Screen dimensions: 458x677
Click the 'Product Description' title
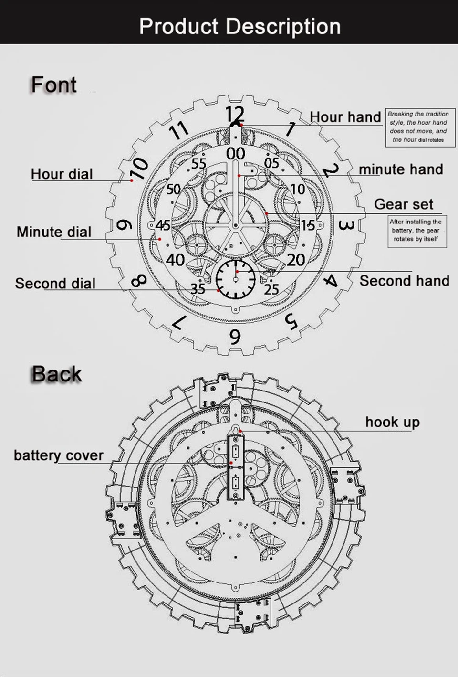click(240, 27)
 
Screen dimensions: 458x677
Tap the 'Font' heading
click(54, 85)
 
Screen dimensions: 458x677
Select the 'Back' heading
click(57, 374)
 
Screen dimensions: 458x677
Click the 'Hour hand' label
click(345, 117)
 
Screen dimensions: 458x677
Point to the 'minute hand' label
click(401, 169)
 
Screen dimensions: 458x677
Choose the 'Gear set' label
click(404, 204)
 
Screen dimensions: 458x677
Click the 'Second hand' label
click(405, 281)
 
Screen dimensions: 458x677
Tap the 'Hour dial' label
click(62, 174)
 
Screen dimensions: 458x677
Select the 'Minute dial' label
click(54, 232)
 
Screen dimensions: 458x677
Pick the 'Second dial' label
click(55, 284)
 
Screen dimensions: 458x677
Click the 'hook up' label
click(393, 422)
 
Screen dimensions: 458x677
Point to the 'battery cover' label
click(59, 455)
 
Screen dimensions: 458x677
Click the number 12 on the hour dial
click(235, 114)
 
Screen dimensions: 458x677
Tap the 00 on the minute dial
click(236, 154)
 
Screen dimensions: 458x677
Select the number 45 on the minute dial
click(163, 225)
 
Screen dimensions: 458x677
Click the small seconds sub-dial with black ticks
click(236, 279)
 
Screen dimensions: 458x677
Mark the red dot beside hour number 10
click(132, 180)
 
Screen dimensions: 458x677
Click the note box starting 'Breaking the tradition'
click(420, 127)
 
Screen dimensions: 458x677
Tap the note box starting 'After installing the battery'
click(417, 231)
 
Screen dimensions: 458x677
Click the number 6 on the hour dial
click(235, 337)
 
